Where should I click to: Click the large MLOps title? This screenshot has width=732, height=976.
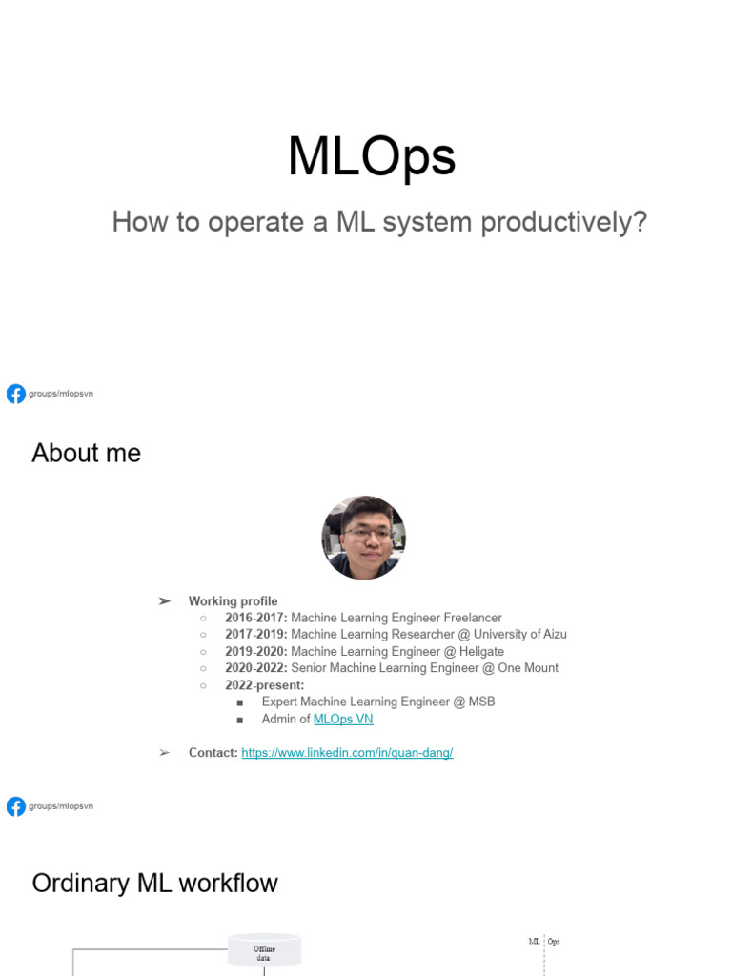click(x=372, y=157)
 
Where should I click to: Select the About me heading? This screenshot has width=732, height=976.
click(x=86, y=453)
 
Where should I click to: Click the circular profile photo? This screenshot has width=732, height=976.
click(x=363, y=538)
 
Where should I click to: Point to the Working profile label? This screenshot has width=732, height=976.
click(x=233, y=601)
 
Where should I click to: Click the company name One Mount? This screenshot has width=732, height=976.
click(x=528, y=668)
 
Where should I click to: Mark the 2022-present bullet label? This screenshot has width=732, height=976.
click(x=264, y=685)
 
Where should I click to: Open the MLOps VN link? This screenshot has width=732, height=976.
click(x=343, y=719)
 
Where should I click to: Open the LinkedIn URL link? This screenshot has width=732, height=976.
click(x=347, y=753)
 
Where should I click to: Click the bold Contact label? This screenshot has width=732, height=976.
click(x=213, y=753)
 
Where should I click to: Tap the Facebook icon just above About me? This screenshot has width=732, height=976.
click(x=16, y=394)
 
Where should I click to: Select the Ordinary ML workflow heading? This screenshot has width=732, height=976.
click(x=154, y=883)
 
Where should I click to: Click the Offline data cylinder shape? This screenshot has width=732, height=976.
click(x=264, y=950)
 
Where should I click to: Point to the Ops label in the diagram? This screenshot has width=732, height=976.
click(x=554, y=942)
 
